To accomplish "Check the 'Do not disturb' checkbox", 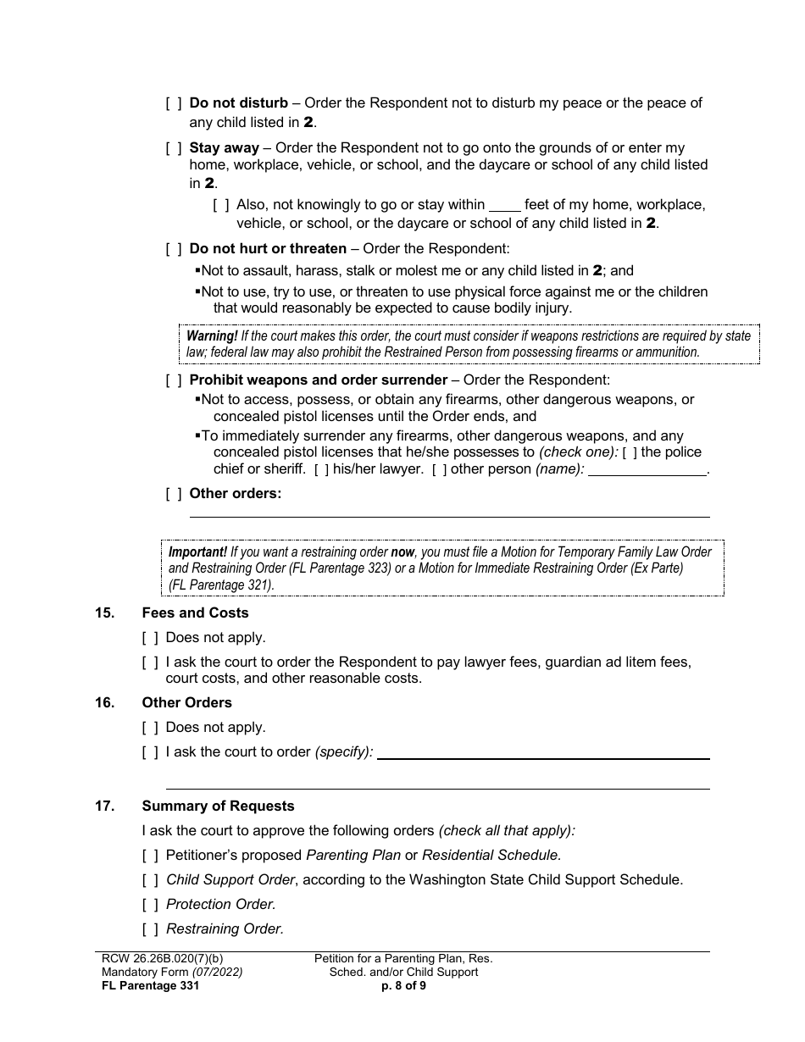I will (x=174, y=103).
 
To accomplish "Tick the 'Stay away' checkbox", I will (x=174, y=148).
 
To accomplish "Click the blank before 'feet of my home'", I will (x=505, y=205).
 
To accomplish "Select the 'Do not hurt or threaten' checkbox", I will (x=174, y=249).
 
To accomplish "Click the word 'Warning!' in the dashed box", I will (x=212, y=336).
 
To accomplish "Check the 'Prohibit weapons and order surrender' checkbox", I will (x=174, y=380).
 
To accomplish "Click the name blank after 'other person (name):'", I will (x=647, y=469).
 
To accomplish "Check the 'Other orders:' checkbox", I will (x=174, y=494).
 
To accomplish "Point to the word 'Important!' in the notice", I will (x=197, y=552).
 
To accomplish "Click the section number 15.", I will (x=104, y=612).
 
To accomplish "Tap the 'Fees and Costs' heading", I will (x=196, y=612).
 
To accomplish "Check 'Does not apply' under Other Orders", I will (x=150, y=728).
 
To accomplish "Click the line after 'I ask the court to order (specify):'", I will (x=543, y=752).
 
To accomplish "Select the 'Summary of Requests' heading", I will (x=219, y=806).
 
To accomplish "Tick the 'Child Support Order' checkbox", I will (x=150, y=880).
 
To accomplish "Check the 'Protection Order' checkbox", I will (x=150, y=905).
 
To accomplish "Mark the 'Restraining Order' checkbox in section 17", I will (x=150, y=929).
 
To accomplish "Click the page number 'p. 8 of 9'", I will (x=403, y=985).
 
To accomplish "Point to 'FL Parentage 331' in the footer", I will (x=150, y=985).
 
